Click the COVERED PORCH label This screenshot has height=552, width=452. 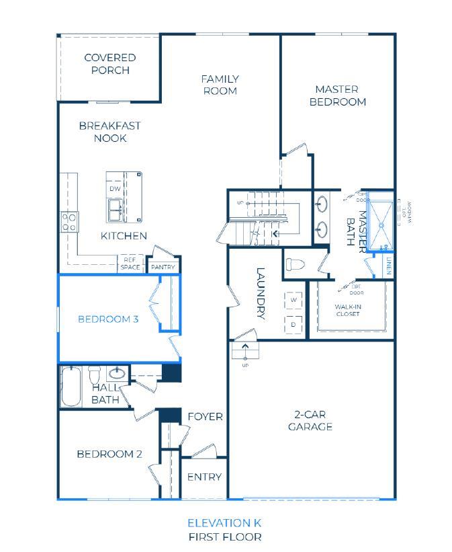tap(110, 64)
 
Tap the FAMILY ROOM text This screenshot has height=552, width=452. tap(220, 85)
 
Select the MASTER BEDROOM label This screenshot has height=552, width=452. tap(341, 95)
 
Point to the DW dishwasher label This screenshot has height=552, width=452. tap(115, 189)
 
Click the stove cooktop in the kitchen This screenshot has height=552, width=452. tap(70, 222)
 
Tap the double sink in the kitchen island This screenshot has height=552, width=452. tap(115, 210)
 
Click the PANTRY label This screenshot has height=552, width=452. tap(163, 267)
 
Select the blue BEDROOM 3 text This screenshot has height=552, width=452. tap(108, 319)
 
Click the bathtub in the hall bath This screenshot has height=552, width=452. tap(71, 386)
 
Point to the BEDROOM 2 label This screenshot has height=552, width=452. tap(109, 454)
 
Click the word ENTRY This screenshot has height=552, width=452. tap(204, 477)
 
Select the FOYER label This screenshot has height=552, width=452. tap(205, 417)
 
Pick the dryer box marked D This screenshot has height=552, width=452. tap(293, 323)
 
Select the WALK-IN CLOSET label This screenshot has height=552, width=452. tap(348, 310)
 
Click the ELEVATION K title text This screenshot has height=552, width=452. tap(224, 522)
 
